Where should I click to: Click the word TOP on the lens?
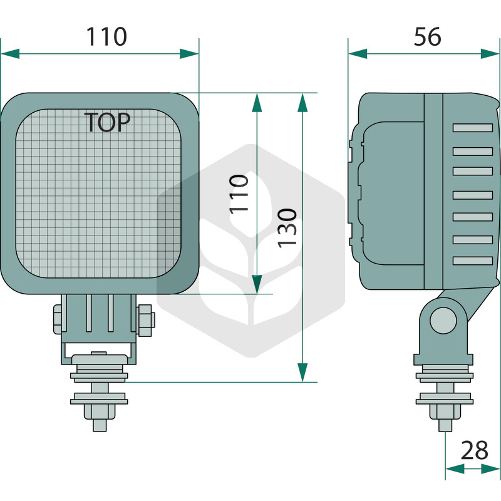coord(107,122)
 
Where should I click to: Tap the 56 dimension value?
coord(428,36)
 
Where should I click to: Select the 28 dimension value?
coord(475,450)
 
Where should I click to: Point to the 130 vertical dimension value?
coord(287,228)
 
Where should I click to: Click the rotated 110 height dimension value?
coord(239,194)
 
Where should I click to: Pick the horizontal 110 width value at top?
coord(106,36)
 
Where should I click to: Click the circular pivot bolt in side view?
coord(443,321)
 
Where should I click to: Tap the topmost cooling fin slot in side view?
coord(473,128)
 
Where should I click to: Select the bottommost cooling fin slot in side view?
coord(473,261)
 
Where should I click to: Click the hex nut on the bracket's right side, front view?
coord(146,321)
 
